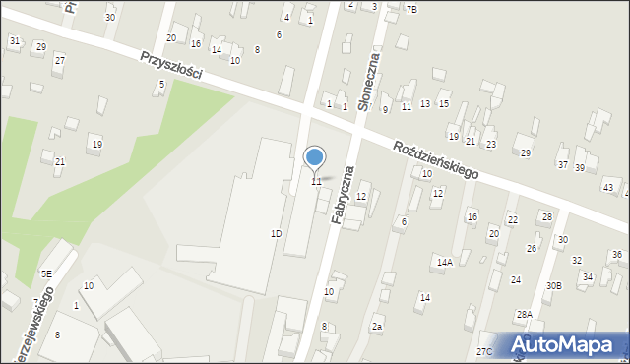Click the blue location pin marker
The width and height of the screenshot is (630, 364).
click(315, 157)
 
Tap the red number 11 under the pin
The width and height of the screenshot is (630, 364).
click(316, 181)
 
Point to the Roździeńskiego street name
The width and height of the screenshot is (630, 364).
click(435, 159)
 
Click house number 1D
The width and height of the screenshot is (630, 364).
click(277, 233)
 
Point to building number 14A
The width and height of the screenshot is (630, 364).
click(445, 262)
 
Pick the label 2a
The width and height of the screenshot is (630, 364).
click(376, 326)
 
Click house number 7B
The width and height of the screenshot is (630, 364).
click(411, 9)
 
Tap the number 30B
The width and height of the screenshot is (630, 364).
click(554, 285)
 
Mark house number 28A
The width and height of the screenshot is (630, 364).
click(524, 314)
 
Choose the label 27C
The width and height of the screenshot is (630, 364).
click(484, 351)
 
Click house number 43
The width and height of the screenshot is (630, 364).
click(608, 187)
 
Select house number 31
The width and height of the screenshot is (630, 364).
click(14, 40)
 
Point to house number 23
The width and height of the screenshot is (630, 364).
click(491, 145)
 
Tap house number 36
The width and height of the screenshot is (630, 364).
click(617, 255)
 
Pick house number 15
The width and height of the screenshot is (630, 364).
click(444, 104)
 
